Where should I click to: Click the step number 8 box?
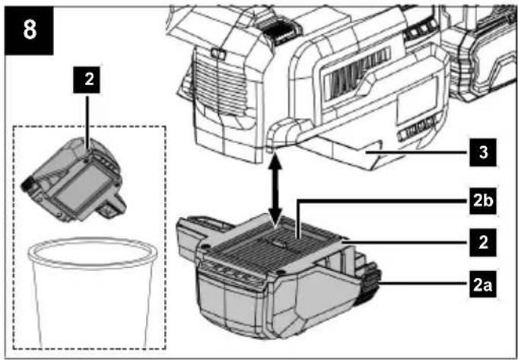(29, 30)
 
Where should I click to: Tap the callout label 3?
(483, 153)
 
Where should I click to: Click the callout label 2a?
(483, 284)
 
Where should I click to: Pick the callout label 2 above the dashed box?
(86, 81)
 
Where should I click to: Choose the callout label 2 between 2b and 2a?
(483, 243)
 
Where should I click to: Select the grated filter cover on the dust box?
(272, 244)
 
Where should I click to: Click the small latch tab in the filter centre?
(280, 241)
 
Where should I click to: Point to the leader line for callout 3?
(417, 153)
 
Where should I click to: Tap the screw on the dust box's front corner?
(281, 272)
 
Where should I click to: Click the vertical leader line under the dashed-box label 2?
(87, 124)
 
